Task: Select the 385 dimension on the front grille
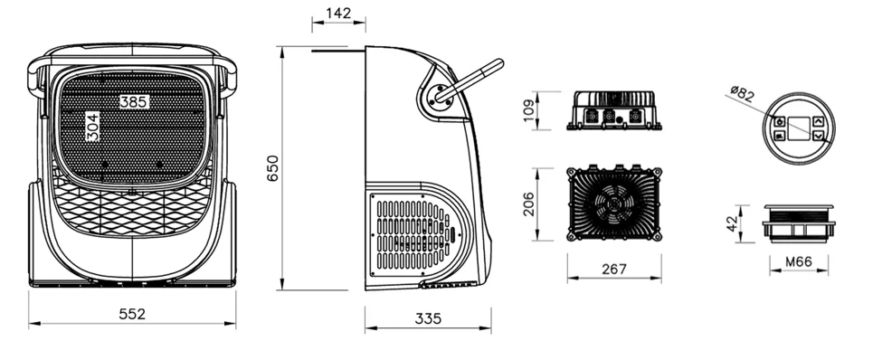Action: coord(134,101)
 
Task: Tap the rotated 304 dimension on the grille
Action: coord(92,127)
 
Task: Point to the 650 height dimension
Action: coord(272,168)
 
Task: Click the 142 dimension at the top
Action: coord(337,14)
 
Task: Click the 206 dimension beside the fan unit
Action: coord(529,204)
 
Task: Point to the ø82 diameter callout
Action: coord(742,92)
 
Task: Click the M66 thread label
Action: coord(796,263)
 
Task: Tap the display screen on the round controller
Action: coord(798,128)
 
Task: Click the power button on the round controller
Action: coord(779,120)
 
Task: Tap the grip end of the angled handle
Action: coord(493,67)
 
